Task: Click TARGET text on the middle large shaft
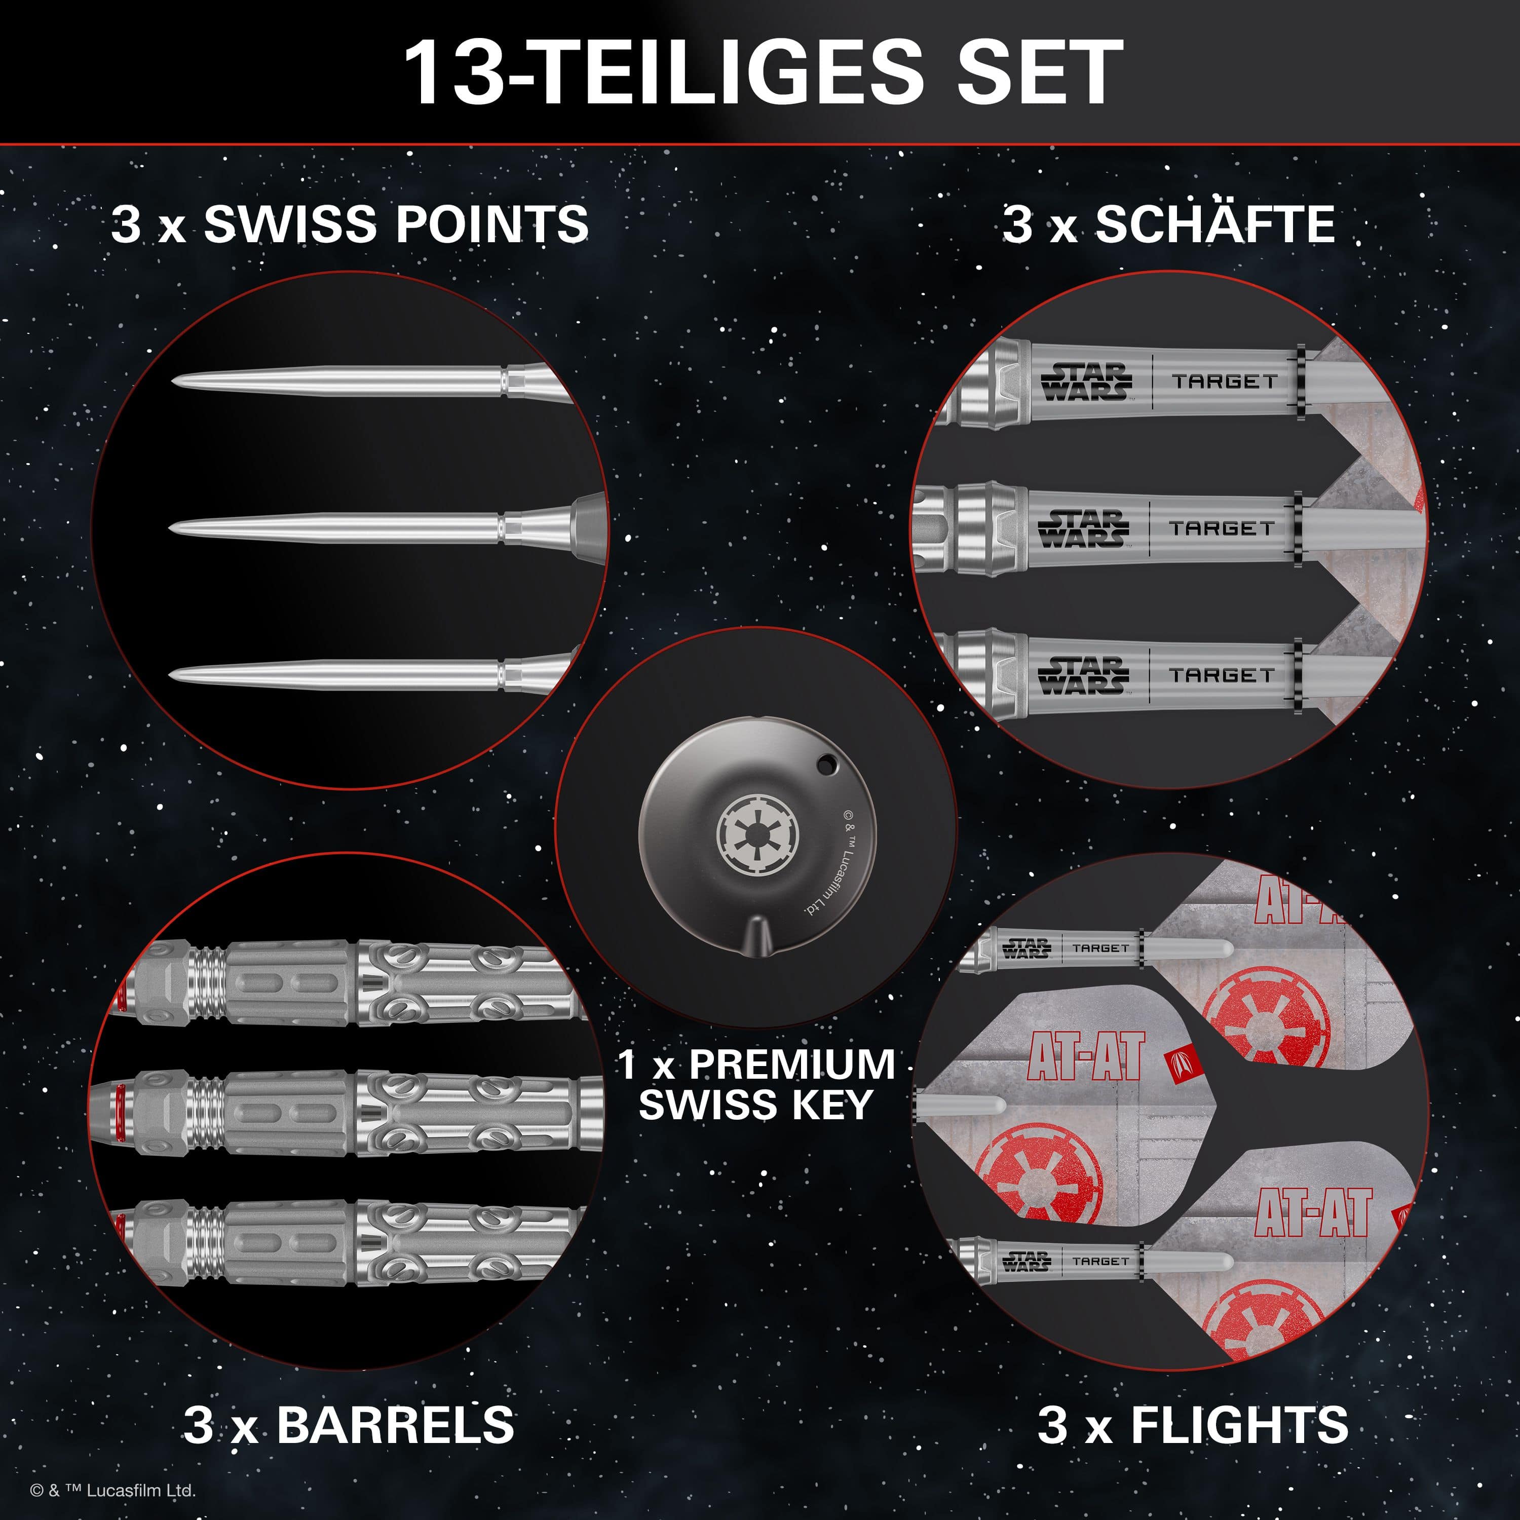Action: tap(1221, 528)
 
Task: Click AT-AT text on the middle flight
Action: tap(1086, 1056)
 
